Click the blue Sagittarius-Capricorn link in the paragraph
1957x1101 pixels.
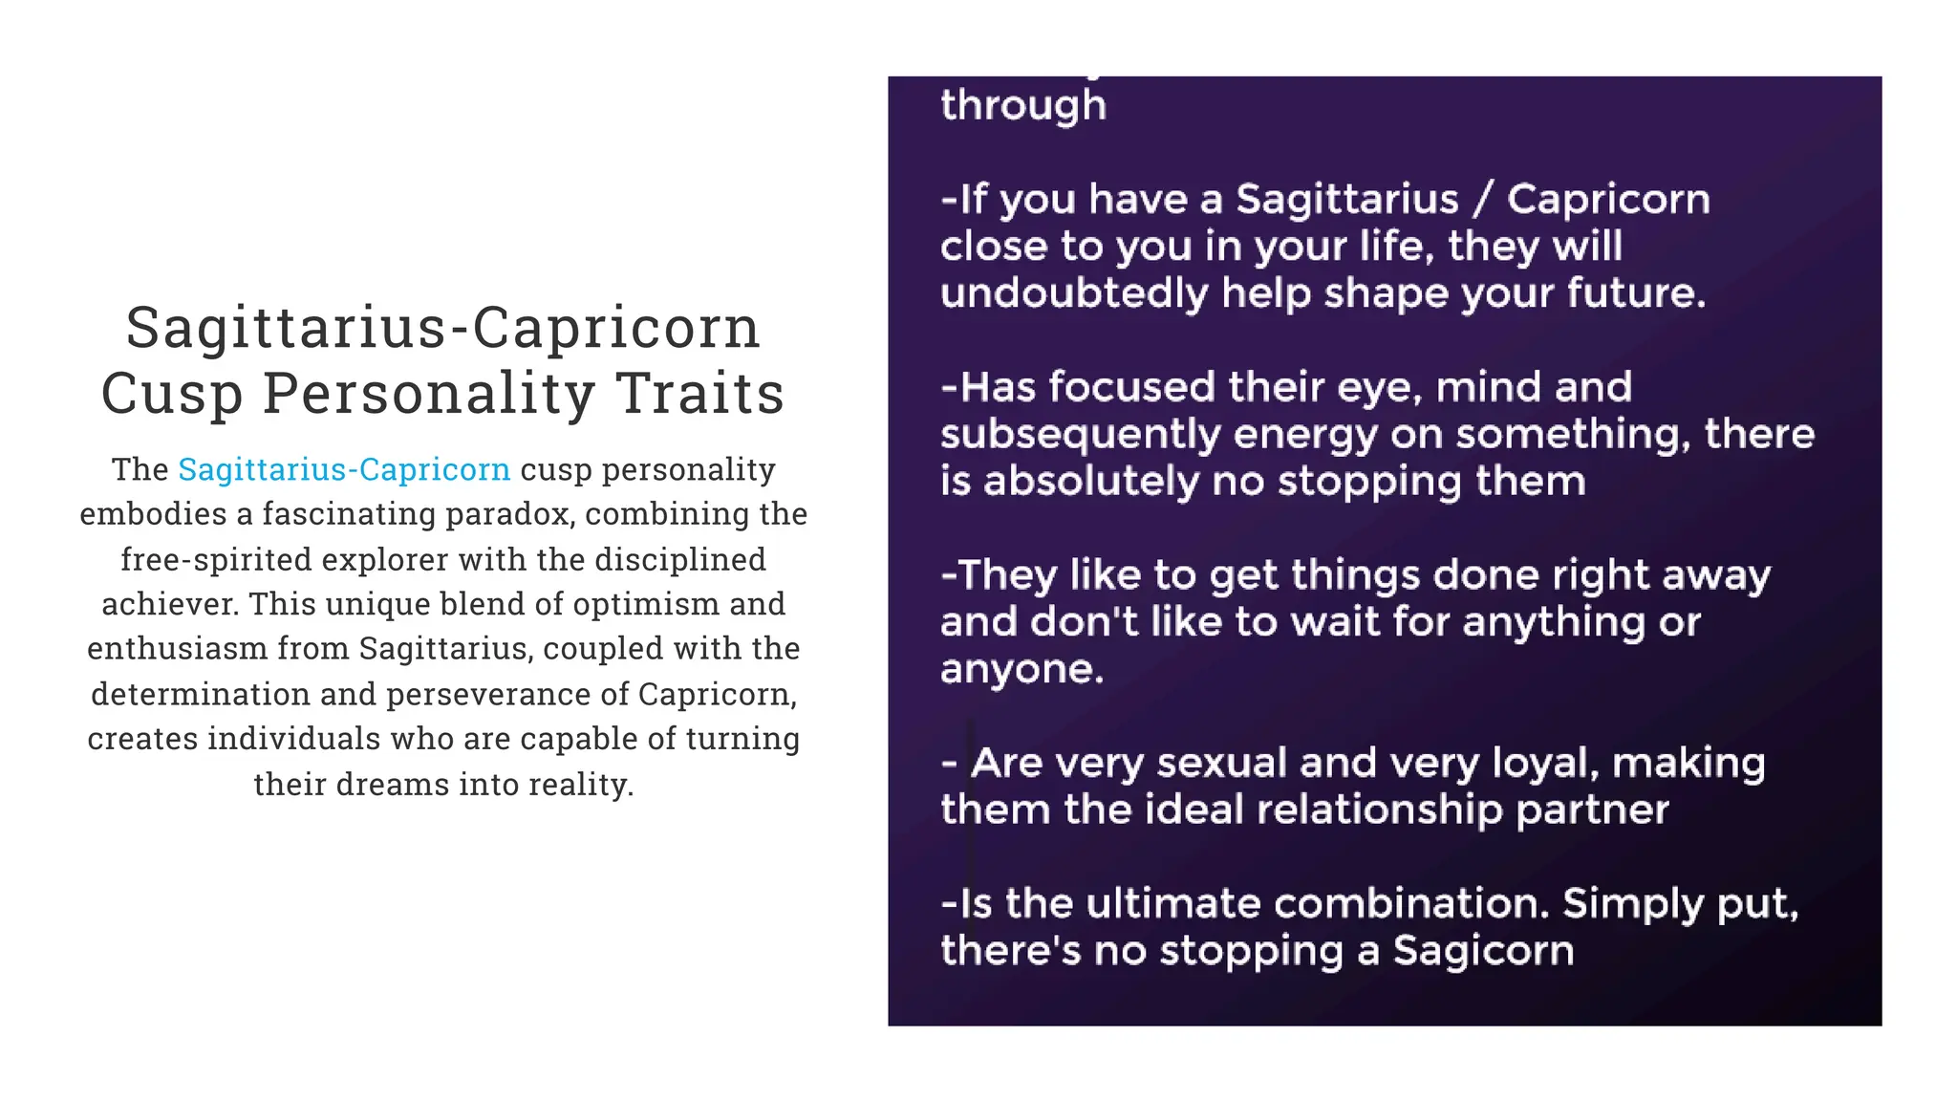(x=344, y=469)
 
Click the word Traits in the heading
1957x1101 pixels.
(x=699, y=393)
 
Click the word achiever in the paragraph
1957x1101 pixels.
(x=169, y=604)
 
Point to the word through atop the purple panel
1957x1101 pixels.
(x=1023, y=105)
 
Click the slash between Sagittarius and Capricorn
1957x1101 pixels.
(x=1482, y=199)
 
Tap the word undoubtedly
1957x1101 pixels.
(x=1074, y=292)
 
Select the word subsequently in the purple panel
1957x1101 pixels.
(x=1080, y=435)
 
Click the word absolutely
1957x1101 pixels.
(x=1091, y=481)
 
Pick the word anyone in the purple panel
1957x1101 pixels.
(x=1022, y=669)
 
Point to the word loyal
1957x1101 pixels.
(x=1545, y=763)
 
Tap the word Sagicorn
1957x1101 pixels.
(x=1482, y=951)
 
